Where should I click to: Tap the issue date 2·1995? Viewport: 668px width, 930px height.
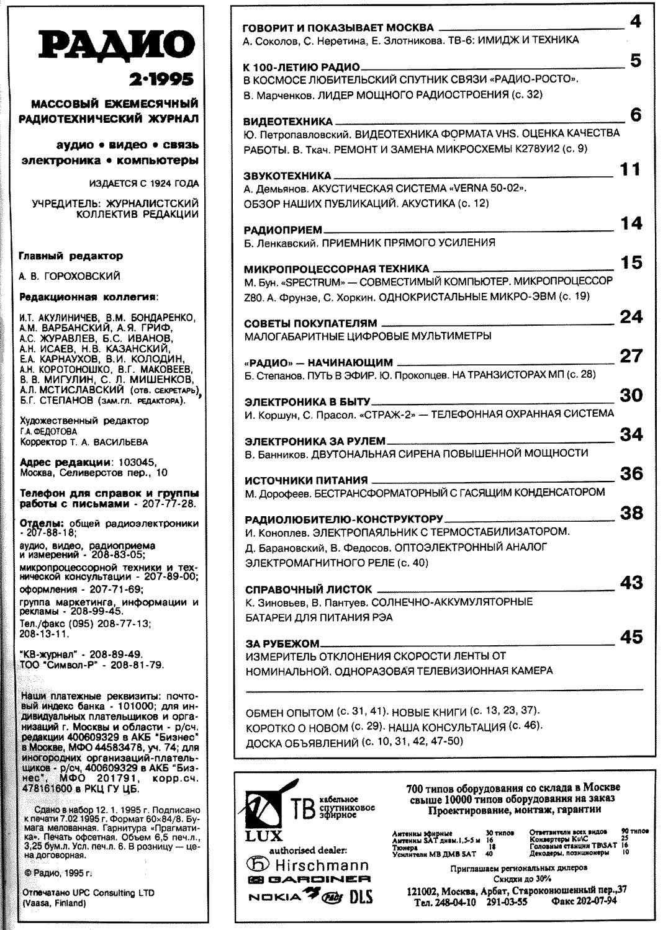pyautogui.click(x=161, y=79)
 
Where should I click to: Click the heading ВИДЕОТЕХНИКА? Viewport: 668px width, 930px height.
pyautogui.click(x=288, y=122)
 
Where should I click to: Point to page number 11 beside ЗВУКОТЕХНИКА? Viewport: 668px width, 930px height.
pyautogui.click(x=630, y=169)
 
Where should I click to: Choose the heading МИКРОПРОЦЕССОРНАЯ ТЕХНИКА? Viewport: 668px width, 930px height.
pyautogui.click(x=336, y=269)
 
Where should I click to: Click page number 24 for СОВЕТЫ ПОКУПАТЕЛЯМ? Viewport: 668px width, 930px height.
pyautogui.click(x=631, y=317)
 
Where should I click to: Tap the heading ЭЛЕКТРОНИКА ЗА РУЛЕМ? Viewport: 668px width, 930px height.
pyautogui.click(x=315, y=441)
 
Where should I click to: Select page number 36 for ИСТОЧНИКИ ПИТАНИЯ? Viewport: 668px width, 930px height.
pyautogui.click(x=631, y=474)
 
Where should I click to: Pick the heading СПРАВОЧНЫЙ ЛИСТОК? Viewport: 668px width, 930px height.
pyautogui.click(x=309, y=589)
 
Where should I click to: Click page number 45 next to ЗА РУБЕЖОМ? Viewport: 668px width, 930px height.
pyautogui.click(x=631, y=637)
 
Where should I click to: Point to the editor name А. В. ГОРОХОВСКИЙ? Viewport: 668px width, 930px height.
pyautogui.click(x=70, y=276)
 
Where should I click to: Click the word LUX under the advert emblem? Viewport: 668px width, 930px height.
pyautogui.click(x=264, y=835)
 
